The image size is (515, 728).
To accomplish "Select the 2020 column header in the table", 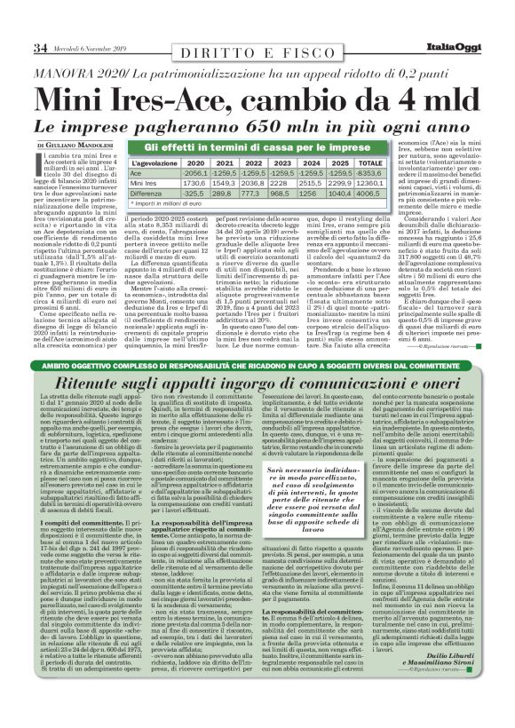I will [x=196, y=163].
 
